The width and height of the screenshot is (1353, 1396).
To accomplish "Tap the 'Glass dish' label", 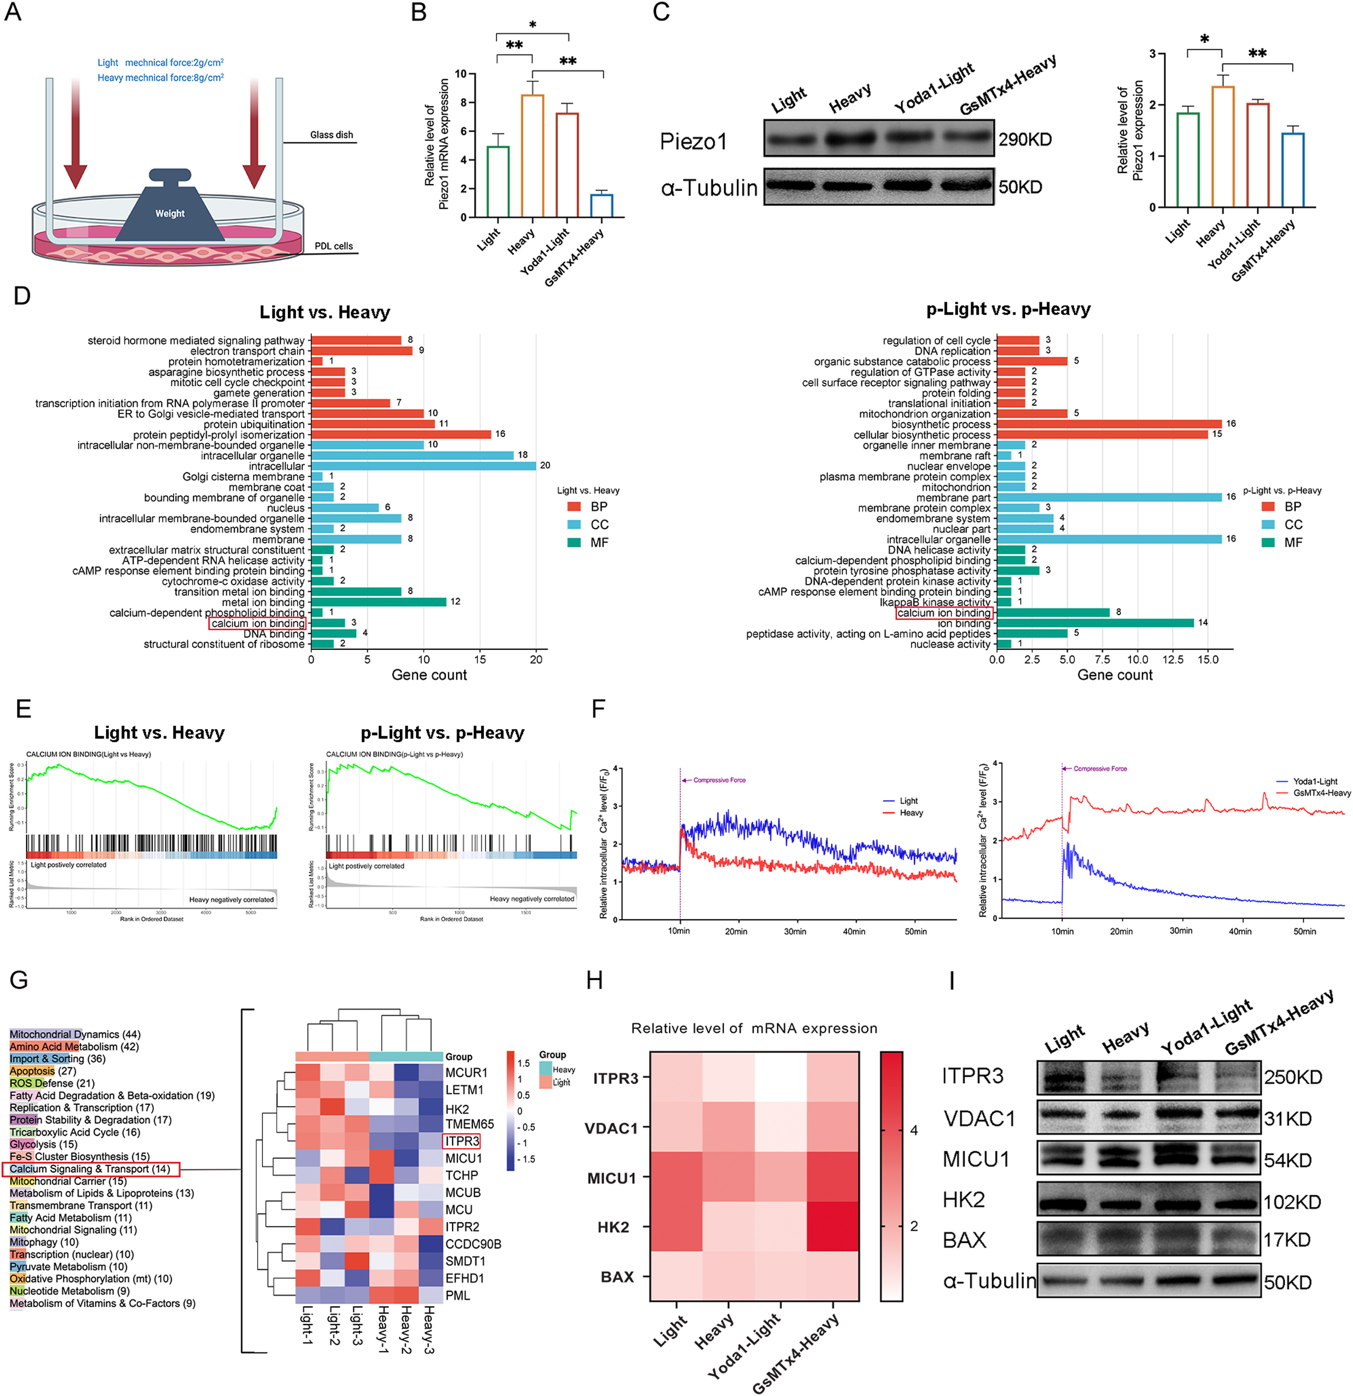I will [331, 135].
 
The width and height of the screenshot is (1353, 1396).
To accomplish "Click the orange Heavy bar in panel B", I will [532, 155].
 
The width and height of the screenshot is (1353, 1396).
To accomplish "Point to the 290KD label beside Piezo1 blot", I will [1025, 140].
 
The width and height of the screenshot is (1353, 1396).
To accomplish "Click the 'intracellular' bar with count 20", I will [423, 466].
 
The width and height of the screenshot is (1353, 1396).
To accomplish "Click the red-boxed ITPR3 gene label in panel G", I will [461, 1141].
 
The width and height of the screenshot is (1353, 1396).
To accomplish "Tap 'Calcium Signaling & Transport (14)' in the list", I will [90, 1169].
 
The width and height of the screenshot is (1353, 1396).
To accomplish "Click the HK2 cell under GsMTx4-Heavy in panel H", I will [832, 1227].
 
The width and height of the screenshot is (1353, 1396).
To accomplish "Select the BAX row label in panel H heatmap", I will [617, 1276].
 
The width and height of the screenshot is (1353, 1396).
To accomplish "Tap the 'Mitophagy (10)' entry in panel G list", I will [44, 1242].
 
